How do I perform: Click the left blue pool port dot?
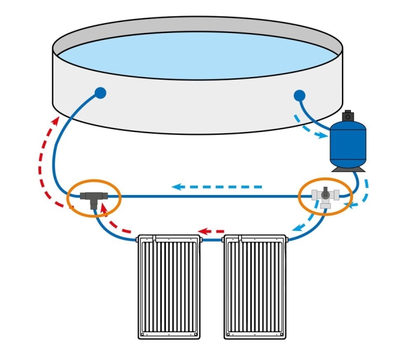(100, 93)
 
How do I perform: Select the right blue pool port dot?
(299, 94)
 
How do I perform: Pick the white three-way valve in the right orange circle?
(325, 196)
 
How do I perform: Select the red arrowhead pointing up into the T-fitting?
(104, 207)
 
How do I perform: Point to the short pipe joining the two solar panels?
(212, 240)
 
